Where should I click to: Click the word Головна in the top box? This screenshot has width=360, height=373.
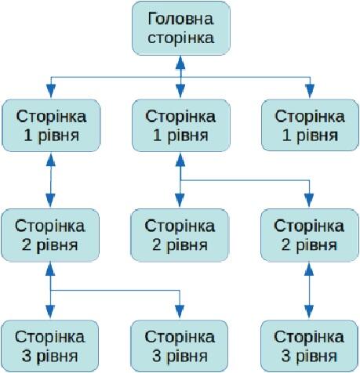click(180, 19)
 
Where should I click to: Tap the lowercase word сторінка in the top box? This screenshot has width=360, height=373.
click(180, 38)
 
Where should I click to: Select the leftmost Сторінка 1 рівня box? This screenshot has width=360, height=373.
click(51, 125)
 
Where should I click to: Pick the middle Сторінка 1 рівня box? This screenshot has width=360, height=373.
click(181, 125)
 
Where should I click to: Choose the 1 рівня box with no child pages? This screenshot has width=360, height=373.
click(310, 125)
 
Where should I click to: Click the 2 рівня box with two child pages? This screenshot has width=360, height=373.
click(50, 235)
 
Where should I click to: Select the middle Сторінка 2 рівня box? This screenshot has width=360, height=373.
click(180, 235)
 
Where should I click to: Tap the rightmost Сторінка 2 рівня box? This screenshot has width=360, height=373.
click(310, 235)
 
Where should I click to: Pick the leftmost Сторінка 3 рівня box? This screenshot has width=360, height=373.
click(49, 346)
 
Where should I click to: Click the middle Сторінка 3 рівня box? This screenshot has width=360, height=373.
click(180, 346)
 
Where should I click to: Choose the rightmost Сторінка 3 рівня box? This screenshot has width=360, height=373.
click(309, 346)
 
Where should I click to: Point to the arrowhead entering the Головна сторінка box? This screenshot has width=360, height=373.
click(180, 62)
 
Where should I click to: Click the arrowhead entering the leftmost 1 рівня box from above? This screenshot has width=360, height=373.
click(51, 91)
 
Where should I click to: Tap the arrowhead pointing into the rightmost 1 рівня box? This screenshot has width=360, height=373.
click(310, 91)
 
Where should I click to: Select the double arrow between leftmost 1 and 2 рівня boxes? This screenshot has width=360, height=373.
click(50, 180)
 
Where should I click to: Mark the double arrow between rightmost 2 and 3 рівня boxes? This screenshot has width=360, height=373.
click(309, 291)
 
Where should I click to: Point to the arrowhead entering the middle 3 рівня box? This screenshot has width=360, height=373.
click(180, 312)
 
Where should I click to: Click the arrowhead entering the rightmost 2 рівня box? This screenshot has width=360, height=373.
click(309, 201)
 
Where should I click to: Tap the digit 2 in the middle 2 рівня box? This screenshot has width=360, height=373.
click(157, 245)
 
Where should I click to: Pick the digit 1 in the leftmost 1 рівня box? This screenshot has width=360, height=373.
click(28, 136)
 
